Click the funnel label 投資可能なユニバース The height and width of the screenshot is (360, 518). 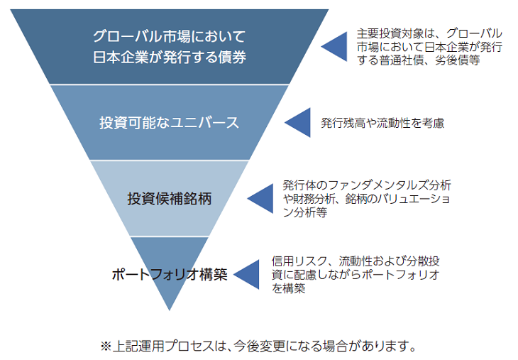pyautogui.click(x=169, y=122)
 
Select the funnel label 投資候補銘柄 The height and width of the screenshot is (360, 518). pyautogui.click(x=170, y=198)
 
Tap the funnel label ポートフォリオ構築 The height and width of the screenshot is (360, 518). pyautogui.click(x=170, y=275)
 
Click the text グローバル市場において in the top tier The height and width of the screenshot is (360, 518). pyautogui.click(x=170, y=36)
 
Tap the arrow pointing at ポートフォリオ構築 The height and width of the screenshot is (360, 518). pyautogui.click(x=246, y=275)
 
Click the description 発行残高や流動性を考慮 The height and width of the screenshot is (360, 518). pyautogui.click(x=382, y=122)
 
